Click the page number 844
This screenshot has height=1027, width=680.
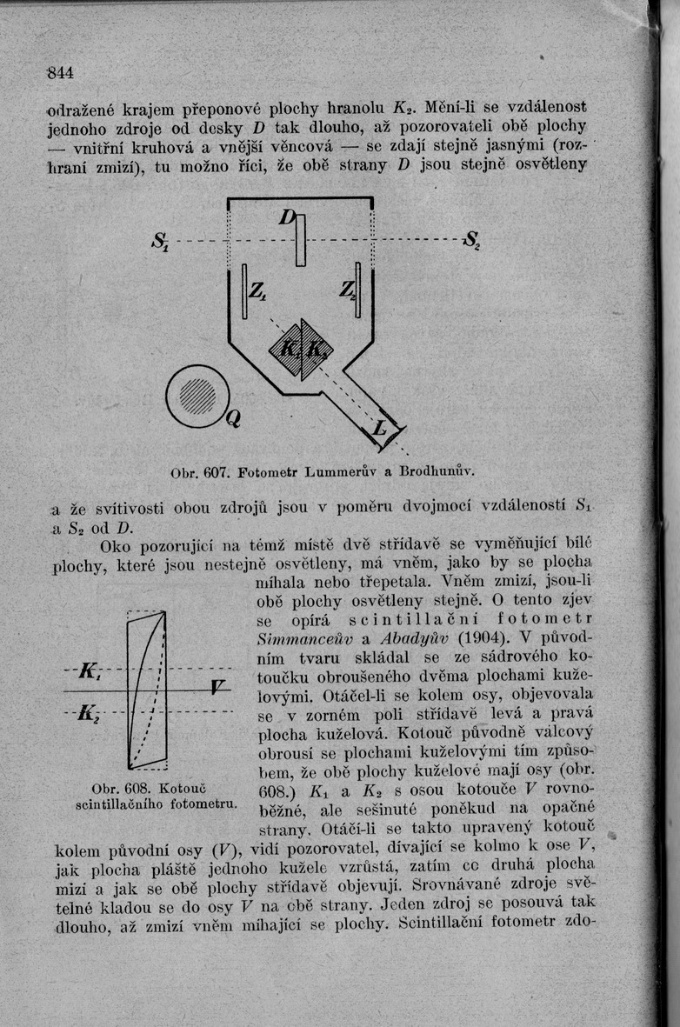(x=60, y=71)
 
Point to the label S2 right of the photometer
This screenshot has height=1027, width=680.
(x=472, y=238)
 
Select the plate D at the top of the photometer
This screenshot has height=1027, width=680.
(x=300, y=239)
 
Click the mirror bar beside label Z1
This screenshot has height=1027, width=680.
(x=244, y=290)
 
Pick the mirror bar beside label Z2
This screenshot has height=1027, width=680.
(x=357, y=290)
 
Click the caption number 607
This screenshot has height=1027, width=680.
(x=212, y=475)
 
